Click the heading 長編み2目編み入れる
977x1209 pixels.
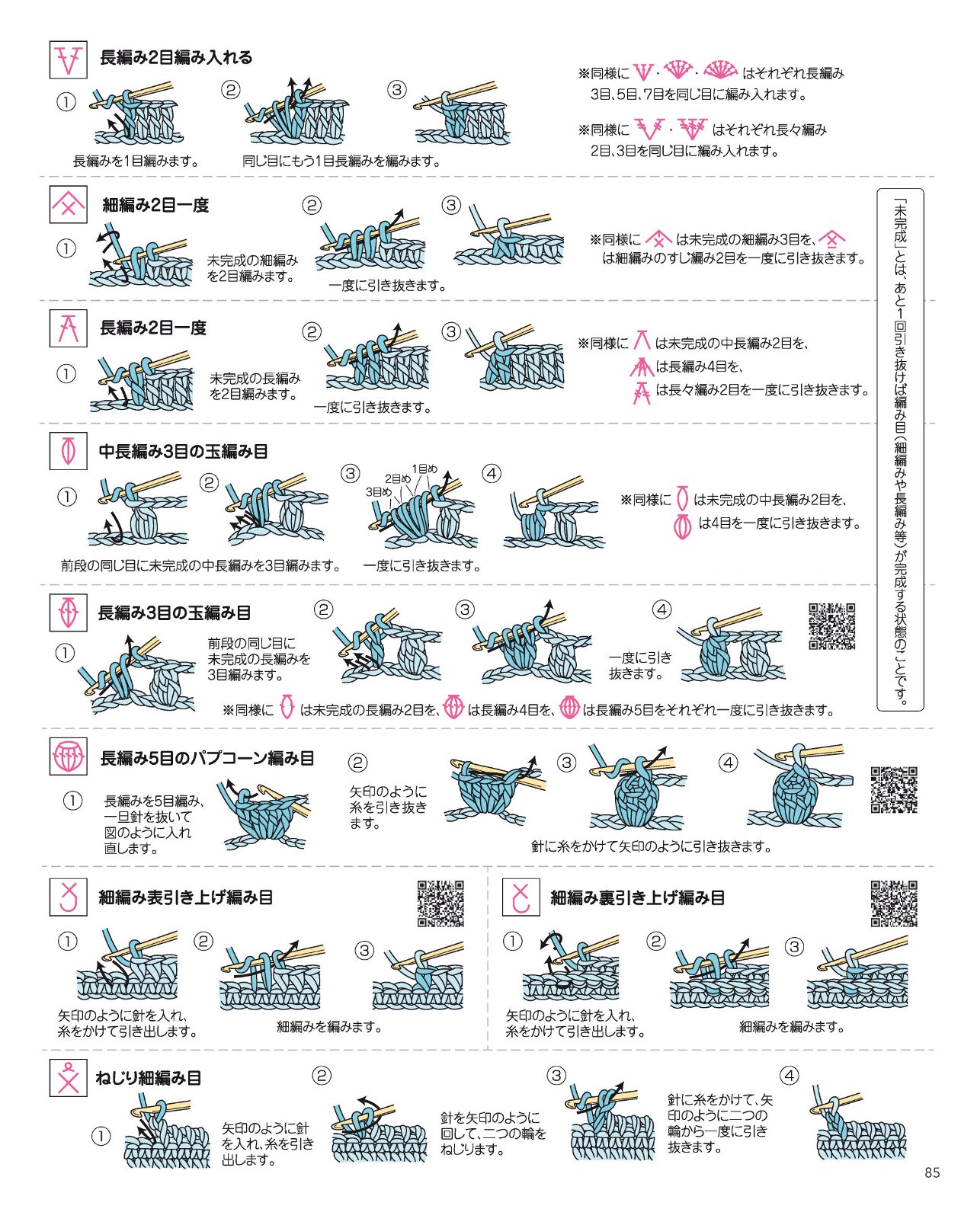coord(176,58)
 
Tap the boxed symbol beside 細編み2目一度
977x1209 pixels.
coord(68,204)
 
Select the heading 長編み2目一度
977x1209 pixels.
coord(153,328)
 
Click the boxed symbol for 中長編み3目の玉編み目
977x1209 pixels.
coord(68,451)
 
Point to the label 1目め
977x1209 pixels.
coord(424,469)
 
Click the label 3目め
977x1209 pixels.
coord(378,491)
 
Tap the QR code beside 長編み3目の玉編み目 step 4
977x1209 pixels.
coord(831,626)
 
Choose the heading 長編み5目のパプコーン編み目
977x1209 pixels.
coord(207,758)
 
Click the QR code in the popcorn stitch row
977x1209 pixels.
coord(894,789)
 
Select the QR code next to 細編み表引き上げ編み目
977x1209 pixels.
coord(440,904)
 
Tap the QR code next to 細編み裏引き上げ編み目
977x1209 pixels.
coord(894,904)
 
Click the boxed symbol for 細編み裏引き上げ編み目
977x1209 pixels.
coord(521,897)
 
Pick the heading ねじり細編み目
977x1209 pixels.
coord(149,1077)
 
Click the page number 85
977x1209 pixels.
coord(932,1172)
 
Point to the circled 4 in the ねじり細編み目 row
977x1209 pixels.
coord(789,1075)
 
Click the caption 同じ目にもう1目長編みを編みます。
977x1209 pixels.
coord(341,162)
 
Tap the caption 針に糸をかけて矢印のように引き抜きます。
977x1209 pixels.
coord(652,847)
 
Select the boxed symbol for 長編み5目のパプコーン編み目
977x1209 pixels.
coord(68,756)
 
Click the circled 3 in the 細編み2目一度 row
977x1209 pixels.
coord(451,205)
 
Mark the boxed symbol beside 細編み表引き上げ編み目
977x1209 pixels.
coord(68,897)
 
